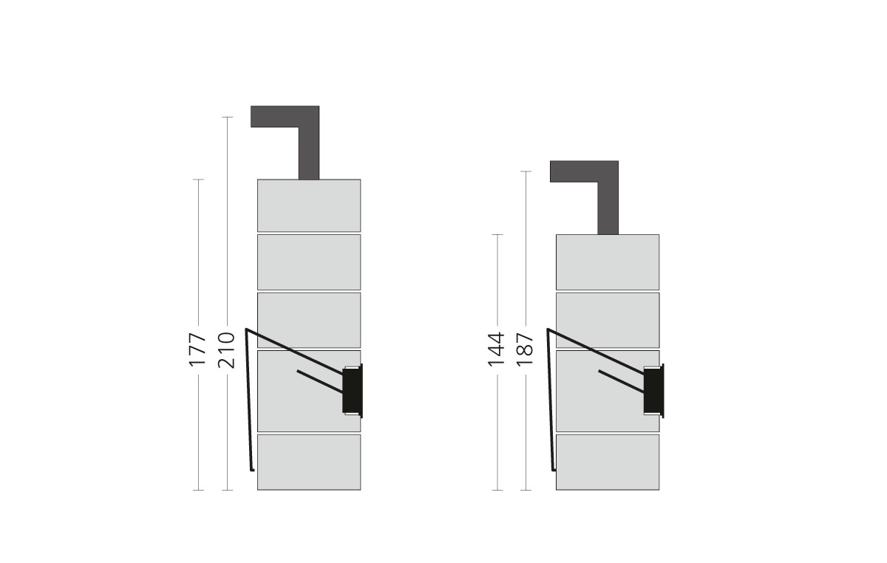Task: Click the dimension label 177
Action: point(197,350)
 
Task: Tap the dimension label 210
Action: point(226,350)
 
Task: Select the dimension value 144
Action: point(497,350)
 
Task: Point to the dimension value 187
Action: point(526,350)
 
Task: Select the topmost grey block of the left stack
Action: point(309,205)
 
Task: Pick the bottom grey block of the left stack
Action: point(309,462)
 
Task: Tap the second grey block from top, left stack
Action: point(309,262)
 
